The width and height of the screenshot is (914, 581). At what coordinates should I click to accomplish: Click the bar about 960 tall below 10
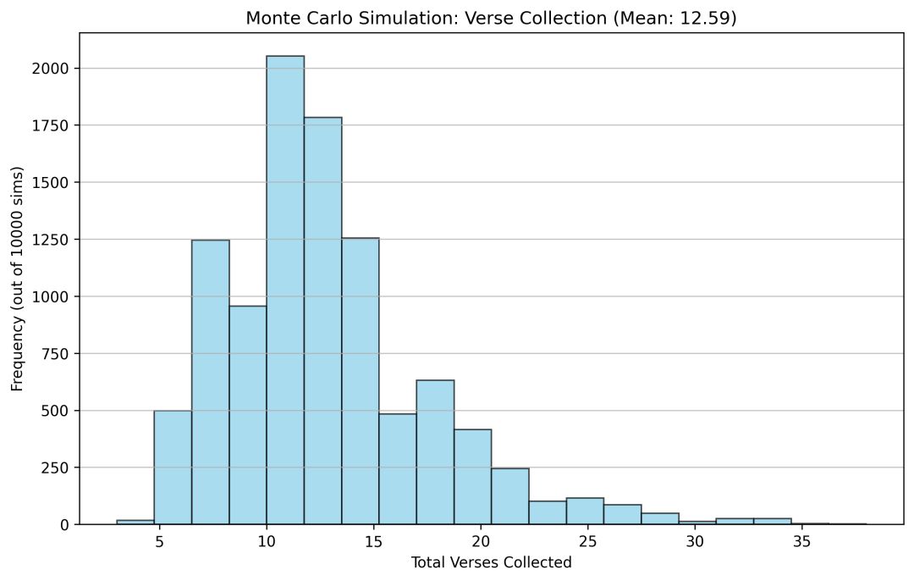(x=248, y=415)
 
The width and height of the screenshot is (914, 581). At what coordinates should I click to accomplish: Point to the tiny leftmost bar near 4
(x=135, y=522)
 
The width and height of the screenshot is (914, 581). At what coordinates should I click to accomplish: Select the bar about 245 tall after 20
(x=509, y=496)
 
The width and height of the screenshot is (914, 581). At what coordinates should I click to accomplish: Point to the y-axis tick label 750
(x=55, y=354)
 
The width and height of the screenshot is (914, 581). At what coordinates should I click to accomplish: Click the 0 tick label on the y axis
(x=64, y=525)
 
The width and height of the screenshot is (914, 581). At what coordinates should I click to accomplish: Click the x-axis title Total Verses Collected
(x=491, y=562)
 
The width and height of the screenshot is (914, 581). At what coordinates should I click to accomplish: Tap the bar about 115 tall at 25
(x=585, y=511)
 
